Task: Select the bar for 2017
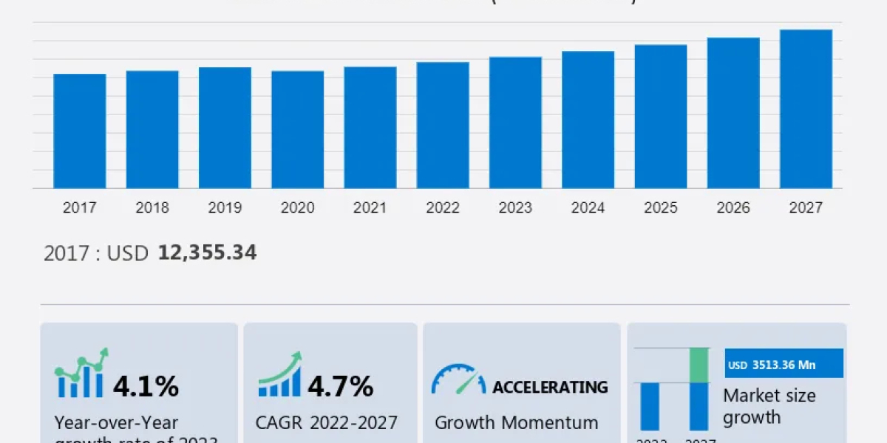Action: [x=80, y=131]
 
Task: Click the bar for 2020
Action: [x=297, y=130]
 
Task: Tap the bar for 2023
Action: [x=515, y=123]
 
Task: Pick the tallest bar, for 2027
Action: [x=806, y=109]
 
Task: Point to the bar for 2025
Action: [x=661, y=117]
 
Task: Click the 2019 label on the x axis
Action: [x=225, y=208]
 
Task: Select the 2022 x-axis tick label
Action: [x=443, y=208]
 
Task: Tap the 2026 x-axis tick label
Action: [x=733, y=208]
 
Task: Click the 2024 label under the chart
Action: [x=588, y=208]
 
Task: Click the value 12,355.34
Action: [x=207, y=253]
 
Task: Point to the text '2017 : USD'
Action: [x=96, y=253]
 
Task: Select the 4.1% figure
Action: [x=146, y=385]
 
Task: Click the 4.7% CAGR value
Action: [x=340, y=385]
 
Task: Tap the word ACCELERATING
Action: [x=550, y=387]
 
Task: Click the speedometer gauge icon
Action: [x=458, y=380]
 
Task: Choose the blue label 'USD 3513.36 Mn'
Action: [x=784, y=364]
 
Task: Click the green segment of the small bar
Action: [x=699, y=365]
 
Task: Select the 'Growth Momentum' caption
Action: [x=516, y=422]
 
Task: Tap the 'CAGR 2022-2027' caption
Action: [x=327, y=422]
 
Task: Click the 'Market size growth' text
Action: [x=769, y=406]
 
